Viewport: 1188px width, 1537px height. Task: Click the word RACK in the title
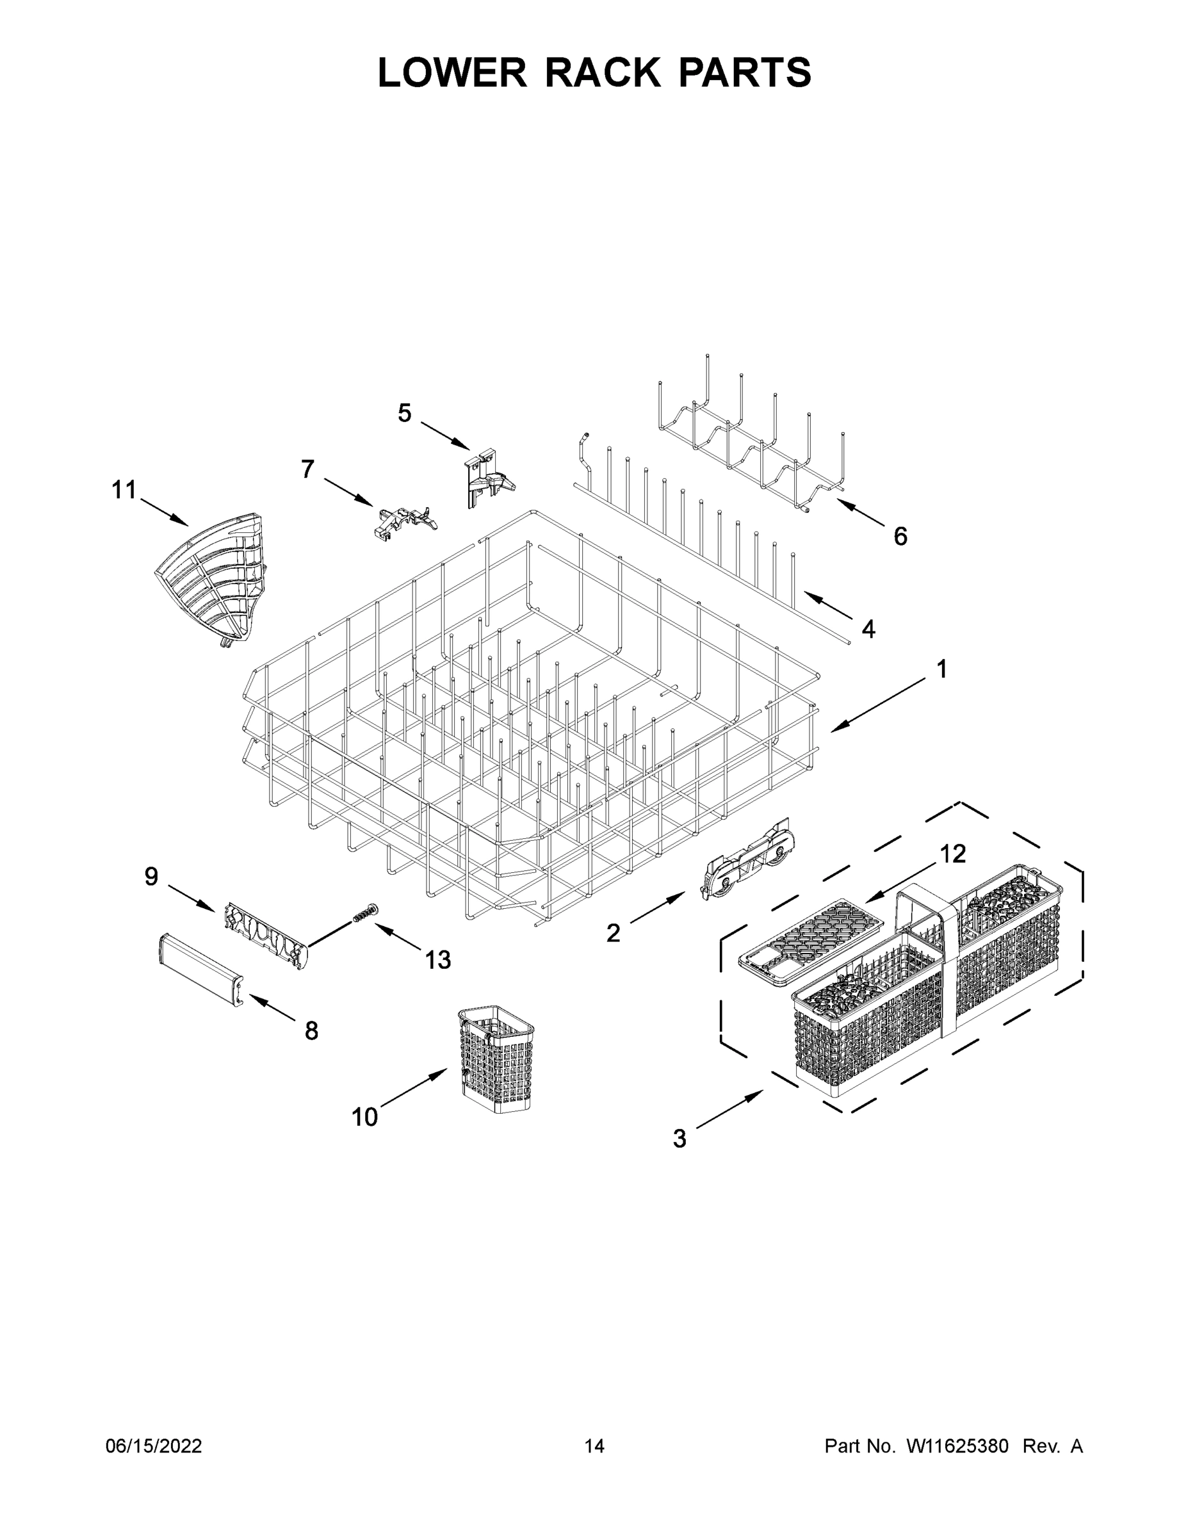603,72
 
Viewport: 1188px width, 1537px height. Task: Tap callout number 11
125,490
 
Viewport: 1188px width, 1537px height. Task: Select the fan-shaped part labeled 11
212,580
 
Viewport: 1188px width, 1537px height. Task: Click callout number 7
307,469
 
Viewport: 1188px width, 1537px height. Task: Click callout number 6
900,537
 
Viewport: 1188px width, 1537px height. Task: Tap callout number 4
868,629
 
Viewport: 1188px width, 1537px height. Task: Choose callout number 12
953,854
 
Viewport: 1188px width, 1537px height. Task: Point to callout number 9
151,877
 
